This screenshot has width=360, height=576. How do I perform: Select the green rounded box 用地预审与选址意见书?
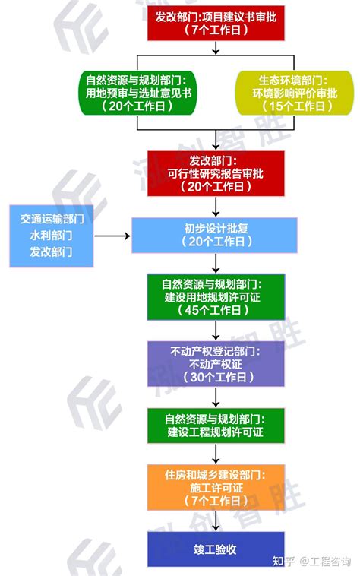137,93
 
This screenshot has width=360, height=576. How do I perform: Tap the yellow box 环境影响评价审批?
294,93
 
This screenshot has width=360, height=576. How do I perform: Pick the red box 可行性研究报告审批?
216,172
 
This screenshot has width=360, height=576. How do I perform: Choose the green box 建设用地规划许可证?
216,296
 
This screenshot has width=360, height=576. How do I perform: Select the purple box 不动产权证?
216,363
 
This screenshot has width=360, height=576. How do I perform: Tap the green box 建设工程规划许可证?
216,426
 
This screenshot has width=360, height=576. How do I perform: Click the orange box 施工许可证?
216,487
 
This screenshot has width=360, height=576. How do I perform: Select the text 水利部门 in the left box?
52,235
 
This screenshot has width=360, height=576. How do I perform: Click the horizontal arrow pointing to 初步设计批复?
112,235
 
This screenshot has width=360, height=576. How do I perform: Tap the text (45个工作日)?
216,310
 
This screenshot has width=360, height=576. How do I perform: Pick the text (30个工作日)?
216,377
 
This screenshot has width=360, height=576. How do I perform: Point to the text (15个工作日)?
294,106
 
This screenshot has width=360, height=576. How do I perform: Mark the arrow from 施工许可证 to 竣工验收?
216,521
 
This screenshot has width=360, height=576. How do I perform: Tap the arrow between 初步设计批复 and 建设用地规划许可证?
216,264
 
